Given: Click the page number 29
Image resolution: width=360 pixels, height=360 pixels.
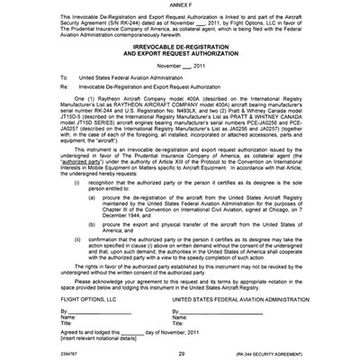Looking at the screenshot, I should pos(181,354).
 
